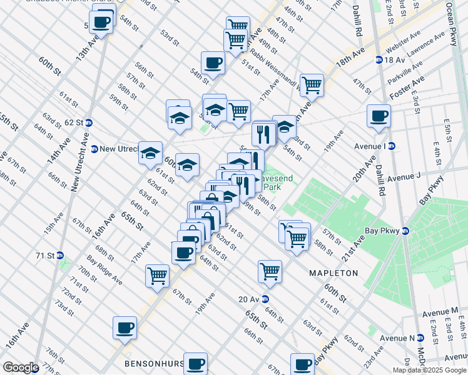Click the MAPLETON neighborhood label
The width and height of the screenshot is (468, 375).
pyautogui.click(x=333, y=273)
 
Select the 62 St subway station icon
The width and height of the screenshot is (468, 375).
pyautogui.click(x=89, y=122)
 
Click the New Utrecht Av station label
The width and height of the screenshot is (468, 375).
pyautogui.click(x=118, y=149)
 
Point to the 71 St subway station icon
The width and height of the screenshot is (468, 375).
pyautogui.click(x=60, y=255)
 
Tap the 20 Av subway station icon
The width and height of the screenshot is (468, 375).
pyautogui.click(x=265, y=299)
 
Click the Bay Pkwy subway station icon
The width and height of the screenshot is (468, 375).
pyautogui.click(x=405, y=231)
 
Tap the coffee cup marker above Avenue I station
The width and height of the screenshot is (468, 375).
pyautogui.click(x=379, y=116)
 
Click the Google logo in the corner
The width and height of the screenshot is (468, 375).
pyautogui.click(x=21, y=367)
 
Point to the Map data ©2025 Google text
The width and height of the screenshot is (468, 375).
pyautogui.click(x=429, y=370)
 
